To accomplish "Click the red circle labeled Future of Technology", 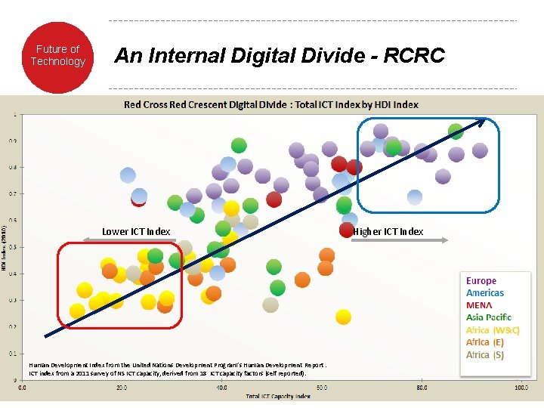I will click(x=58, y=57).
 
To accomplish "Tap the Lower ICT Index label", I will click(x=136, y=231).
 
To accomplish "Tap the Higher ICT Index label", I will click(x=388, y=231).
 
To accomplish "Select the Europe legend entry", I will click(x=481, y=280).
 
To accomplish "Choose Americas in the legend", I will click(x=485, y=292).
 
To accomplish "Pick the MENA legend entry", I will click(x=480, y=305).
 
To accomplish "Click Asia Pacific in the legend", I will click(x=489, y=317).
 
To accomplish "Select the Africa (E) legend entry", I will click(x=489, y=342).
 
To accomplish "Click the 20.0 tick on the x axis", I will click(x=122, y=388).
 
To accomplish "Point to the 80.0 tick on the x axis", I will click(x=422, y=388).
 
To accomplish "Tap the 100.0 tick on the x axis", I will click(x=521, y=388).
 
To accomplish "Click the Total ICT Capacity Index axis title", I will click(x=278, y=396).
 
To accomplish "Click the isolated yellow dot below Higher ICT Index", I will click(x=343, y=316).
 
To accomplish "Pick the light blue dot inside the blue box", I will click(x=415, y=197).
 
